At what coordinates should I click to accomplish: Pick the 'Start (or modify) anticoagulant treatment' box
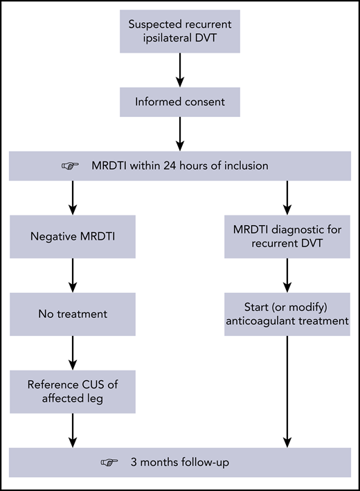[287, 314]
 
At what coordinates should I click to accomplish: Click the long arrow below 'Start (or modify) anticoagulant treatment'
[287, 388]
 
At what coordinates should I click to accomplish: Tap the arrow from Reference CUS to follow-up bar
[73, 429]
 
